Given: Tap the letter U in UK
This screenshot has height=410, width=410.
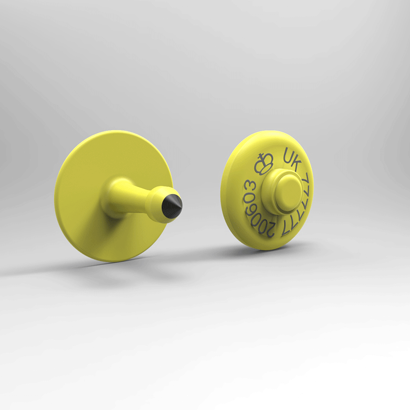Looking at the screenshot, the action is click(288, 155).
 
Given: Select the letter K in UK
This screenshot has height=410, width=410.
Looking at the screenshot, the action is click(296, 163).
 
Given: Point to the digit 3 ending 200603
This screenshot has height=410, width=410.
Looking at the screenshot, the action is click(250, 187).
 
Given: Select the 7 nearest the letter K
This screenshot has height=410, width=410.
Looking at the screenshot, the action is click(306, 179).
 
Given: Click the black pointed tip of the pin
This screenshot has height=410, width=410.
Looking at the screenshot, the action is click(172, 206).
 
